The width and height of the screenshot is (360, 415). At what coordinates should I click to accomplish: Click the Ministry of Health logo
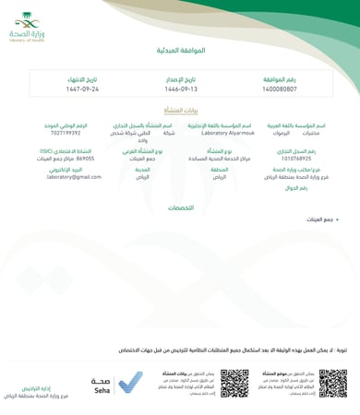coord(29,31)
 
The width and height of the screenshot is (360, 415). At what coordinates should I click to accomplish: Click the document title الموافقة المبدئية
coord(180,51)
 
